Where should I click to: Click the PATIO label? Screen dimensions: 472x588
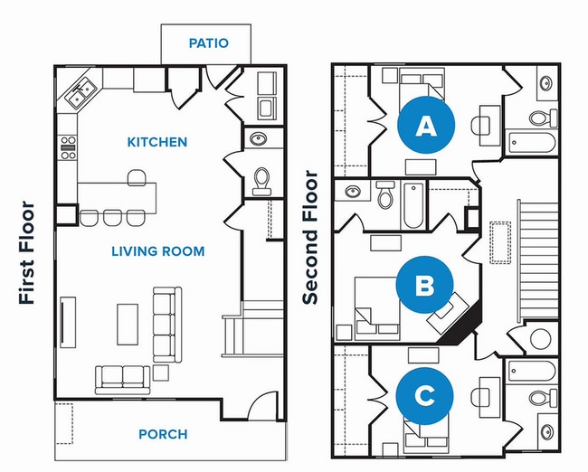click(208, 42)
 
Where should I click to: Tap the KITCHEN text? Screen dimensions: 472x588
click(157, 142)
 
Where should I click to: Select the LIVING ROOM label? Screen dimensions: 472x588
click(158, 250)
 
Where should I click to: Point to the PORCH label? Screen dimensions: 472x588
click(163, 434)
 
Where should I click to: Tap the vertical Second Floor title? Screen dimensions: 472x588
click(310, 237)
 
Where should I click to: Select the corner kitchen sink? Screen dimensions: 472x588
click(79, 90)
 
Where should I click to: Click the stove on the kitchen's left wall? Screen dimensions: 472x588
click(69, 147)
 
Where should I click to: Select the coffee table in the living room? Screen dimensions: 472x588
click(128, 324)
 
